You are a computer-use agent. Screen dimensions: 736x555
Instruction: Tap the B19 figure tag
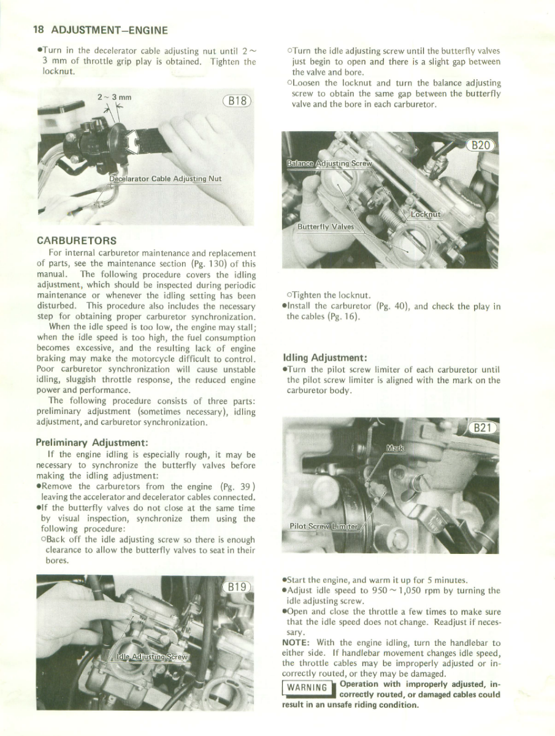pos(237,587)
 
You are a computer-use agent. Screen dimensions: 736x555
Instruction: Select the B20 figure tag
pos(481,145)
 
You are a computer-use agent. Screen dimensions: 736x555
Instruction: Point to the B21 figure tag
pos(481,427)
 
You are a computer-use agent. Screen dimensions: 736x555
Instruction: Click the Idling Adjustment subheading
pos(324,357)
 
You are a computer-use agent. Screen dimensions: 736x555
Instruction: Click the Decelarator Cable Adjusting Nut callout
pos(165,179)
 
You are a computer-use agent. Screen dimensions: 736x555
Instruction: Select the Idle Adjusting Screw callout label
pos(152,657)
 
